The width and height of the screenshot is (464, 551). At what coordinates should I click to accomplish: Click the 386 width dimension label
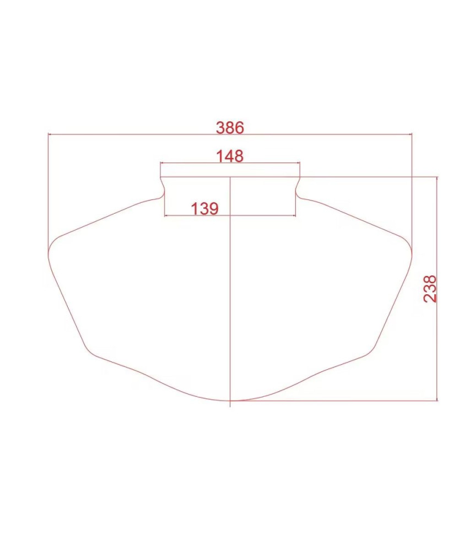coord(230,128)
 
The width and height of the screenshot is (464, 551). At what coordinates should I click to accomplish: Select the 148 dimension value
coord(230,156)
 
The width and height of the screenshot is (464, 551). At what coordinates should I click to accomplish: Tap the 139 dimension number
coord(204,209)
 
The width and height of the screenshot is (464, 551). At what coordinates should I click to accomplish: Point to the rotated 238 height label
coord(430,289)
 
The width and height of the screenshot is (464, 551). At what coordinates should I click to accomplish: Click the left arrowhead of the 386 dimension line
coord(49,134)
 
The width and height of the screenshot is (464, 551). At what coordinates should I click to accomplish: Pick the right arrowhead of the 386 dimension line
coord(409,134)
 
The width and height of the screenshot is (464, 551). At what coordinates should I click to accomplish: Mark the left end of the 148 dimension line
coord(161,163)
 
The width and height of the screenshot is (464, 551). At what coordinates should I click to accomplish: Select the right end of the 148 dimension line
coord(299,163)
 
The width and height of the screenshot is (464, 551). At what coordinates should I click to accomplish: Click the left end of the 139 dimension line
coord(165,215)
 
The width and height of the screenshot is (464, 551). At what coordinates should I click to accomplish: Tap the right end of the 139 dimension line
coord(295,215)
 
